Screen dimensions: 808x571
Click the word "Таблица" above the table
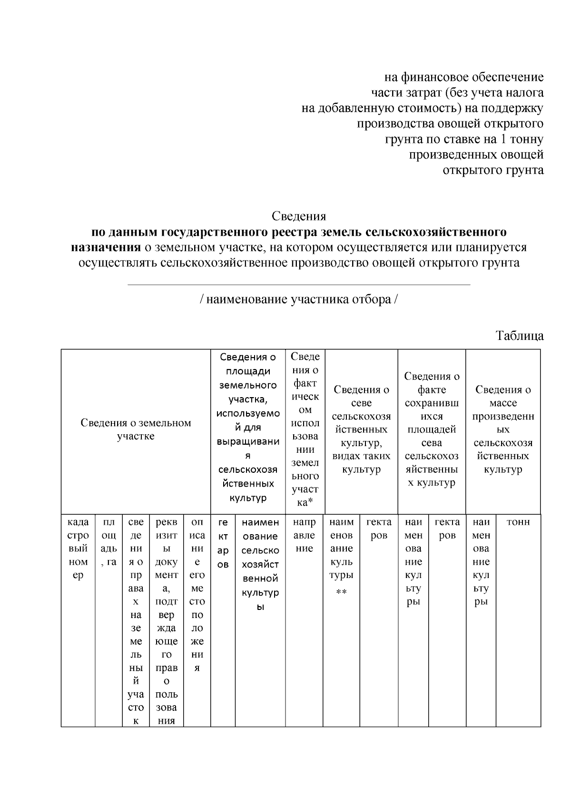pos(520,336)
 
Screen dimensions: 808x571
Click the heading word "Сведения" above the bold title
pos(299,216)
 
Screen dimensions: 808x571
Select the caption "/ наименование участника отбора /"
pos(299,300)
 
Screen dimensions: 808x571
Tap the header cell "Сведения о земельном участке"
pos(136,429)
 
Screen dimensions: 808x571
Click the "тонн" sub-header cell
pos(518,522)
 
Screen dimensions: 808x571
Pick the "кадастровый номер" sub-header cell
pos(78,549)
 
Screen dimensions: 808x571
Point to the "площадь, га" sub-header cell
pos(108,542)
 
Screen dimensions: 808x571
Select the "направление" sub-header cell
pos(304,535)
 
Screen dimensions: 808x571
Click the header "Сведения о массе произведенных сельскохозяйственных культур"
pos(503,429)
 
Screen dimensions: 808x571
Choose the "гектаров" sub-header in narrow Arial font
pos(223,543)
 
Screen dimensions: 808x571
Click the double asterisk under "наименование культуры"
pos(341,592)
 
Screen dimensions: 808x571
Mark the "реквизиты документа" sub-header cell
pos(166,621)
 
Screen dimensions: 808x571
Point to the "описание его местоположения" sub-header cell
pos(197,595)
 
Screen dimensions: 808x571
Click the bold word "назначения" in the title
pos(106,247)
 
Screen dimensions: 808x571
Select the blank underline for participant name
pos(299,284)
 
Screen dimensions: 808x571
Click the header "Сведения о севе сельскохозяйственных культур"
pos(361,429)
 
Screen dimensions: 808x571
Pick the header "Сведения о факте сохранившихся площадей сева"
pos(432,429)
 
